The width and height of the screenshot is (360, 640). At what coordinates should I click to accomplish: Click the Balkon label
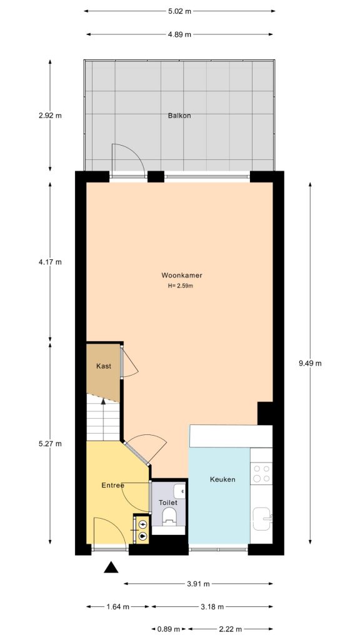[x=179, y=116]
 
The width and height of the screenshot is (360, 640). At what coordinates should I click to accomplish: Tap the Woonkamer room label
[x=181, y=275]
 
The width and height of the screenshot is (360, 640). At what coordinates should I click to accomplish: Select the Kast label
[x=104, y=366]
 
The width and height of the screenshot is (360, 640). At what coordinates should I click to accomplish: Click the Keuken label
[x=222, y=479]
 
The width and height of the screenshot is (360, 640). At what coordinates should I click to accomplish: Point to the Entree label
[x=113, y=486]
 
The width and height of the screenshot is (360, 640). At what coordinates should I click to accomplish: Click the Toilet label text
[x=168, y=502]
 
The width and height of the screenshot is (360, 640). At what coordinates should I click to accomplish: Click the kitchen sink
[x=262, y=517]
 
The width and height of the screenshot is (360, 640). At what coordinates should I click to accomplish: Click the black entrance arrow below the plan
[x=111, y=567]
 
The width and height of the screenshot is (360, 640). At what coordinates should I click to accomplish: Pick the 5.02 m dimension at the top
[x=180, y=11]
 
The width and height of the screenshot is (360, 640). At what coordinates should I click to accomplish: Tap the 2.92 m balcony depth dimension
[x=50, y=116]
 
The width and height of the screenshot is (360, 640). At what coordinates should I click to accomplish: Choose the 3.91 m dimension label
[x=198, y=584]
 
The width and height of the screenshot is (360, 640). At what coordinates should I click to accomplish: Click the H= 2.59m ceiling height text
[x=181, y=286]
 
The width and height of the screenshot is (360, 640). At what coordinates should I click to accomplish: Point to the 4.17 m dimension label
[x=50, y=262]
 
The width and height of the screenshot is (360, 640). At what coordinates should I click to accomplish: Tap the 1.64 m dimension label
[x=117, y=606]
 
